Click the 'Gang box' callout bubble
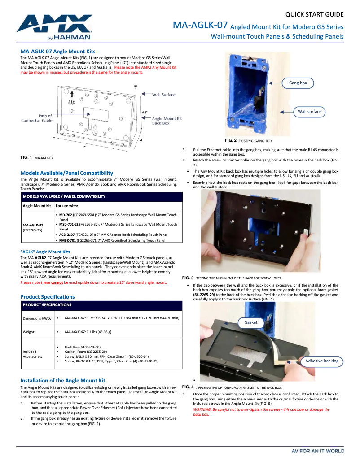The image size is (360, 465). [298, 83]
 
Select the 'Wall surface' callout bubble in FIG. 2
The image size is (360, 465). [309, 112]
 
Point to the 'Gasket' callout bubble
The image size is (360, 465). [251, 322]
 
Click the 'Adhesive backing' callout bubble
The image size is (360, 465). [322, 361]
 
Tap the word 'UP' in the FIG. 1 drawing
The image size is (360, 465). [72, 102]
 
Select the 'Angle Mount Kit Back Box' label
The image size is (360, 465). [167, 121]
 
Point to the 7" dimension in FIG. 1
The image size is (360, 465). [84, 147]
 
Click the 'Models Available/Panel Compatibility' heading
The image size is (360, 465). [67, 173]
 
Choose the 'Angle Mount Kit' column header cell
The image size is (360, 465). [36, 206]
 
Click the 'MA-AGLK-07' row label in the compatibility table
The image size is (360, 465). [33, 225]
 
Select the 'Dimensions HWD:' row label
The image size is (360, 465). [37, 318]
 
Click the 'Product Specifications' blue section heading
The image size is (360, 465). [48, 297]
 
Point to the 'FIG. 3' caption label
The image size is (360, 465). [188, 278]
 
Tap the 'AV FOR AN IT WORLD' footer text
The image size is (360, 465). [318, 451]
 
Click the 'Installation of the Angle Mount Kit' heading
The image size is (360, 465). [63, 380]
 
